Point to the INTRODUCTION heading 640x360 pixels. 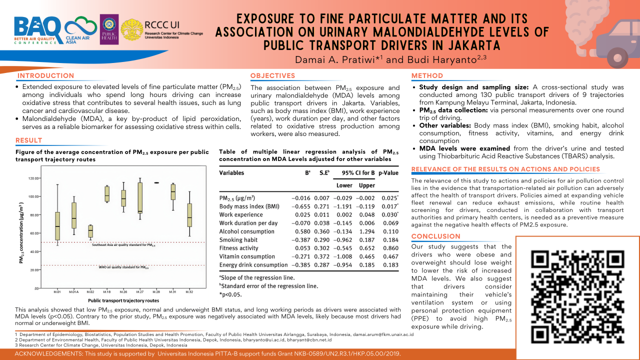(45, 76)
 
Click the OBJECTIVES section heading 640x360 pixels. (272, 76)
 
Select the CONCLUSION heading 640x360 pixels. (435, 236)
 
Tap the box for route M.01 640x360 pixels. (57, 226)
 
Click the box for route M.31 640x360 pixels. (173, 192)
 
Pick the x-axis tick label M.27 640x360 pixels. (140, 291)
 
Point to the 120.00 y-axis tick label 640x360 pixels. (33, 178)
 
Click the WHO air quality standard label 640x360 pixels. (123, 267)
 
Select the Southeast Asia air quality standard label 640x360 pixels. (123, 245)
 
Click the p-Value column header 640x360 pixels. (388, 173)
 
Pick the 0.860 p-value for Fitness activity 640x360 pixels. (390, 248)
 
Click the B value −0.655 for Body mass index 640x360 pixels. (301, 206)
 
